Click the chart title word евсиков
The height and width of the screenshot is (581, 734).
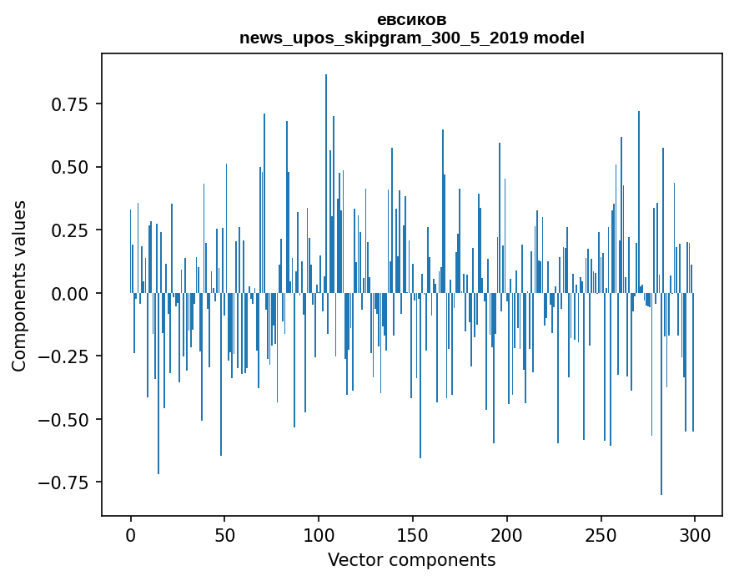tap(411, 20)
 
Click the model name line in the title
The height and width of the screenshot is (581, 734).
tap(411, 38)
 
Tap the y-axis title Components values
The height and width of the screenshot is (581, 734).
tap(19, 285)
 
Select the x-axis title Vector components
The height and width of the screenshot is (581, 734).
tap(411, 560)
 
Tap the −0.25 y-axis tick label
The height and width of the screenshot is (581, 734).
tap(66, 356)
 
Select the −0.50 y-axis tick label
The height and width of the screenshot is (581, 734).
tap(66, 419)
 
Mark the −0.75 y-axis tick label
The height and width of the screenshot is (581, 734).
tap(66, 482)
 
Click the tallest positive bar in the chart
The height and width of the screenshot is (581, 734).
tap(326, 184)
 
